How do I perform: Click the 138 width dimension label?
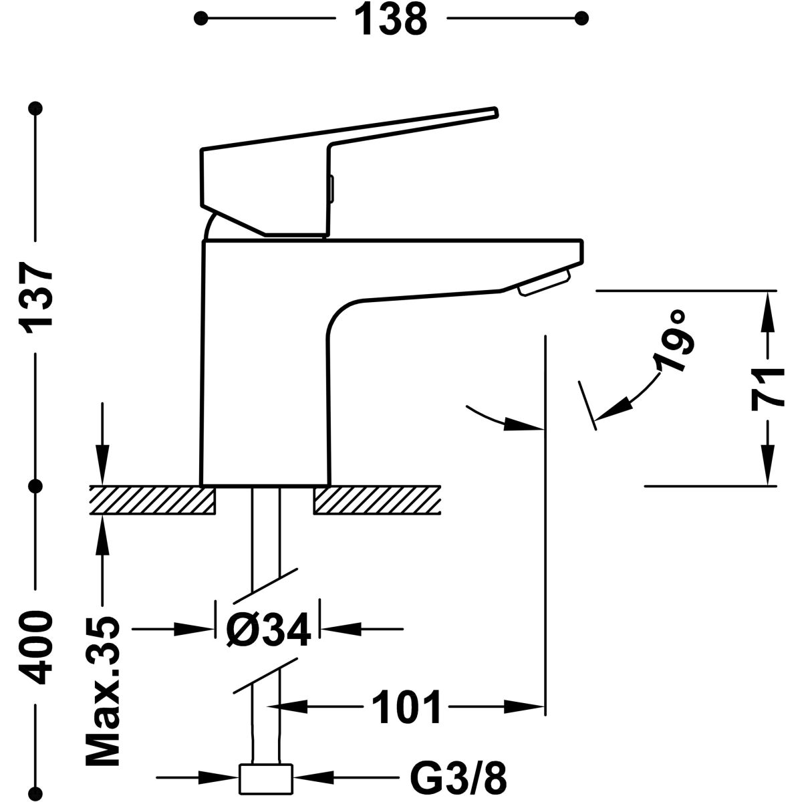tap(391, 19)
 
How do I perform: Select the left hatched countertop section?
tap(152, 501)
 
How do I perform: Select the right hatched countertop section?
tap(377, 501)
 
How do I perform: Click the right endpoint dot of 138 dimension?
tap(582, 18)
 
